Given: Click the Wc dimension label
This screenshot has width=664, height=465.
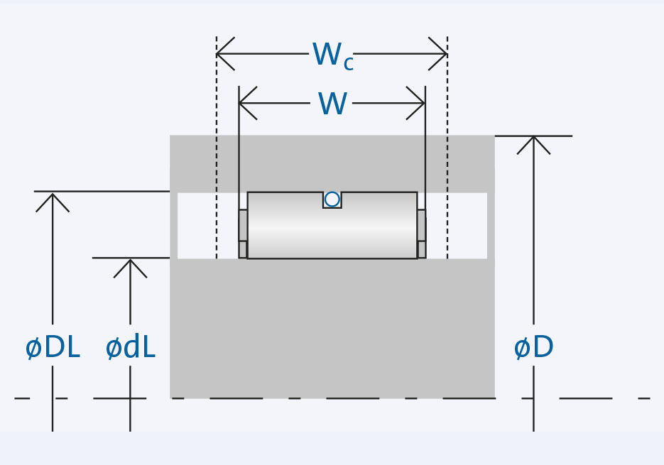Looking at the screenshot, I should click(332, 56).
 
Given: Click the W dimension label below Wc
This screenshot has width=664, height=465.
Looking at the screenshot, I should click(332, 104).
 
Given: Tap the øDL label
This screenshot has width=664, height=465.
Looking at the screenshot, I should click(53, 348).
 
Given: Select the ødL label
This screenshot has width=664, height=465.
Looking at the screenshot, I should click(130, 348).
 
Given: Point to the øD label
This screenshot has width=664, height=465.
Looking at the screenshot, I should click(533, 348).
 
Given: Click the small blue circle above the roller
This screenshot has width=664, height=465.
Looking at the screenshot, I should click(332, 199).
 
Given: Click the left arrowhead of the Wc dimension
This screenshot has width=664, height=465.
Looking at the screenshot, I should click(222, 54).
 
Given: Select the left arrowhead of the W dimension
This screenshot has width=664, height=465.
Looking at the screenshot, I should click(245, 103).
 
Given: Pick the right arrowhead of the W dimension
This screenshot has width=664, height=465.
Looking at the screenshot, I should click(419, 103).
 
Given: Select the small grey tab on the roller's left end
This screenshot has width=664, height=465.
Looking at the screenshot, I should click(243, 226).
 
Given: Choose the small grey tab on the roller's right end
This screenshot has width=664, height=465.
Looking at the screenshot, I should click(422, 226).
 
